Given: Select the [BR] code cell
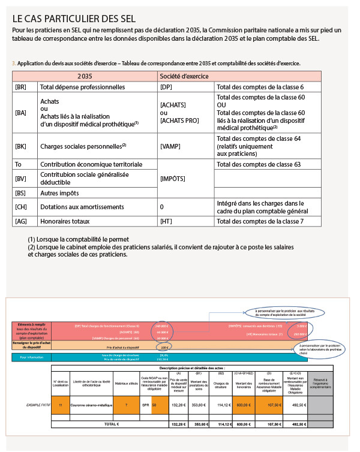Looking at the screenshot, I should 20,87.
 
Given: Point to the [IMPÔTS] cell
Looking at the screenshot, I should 173,179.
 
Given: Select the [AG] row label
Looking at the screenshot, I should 20,221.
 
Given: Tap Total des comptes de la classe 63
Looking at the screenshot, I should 259,164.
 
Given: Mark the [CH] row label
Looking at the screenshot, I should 20,207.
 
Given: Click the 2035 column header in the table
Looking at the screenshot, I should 85,76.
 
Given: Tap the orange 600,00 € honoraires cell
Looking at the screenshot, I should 244,405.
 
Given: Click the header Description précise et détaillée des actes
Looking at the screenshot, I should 191,367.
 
